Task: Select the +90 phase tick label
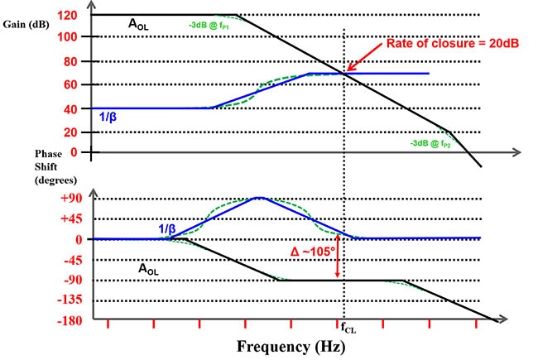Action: (x=70, y=198)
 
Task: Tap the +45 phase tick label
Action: (x=70, y=218)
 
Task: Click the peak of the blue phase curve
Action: (x=259, y=198)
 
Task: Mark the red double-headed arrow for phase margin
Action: (x=338, y=259)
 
